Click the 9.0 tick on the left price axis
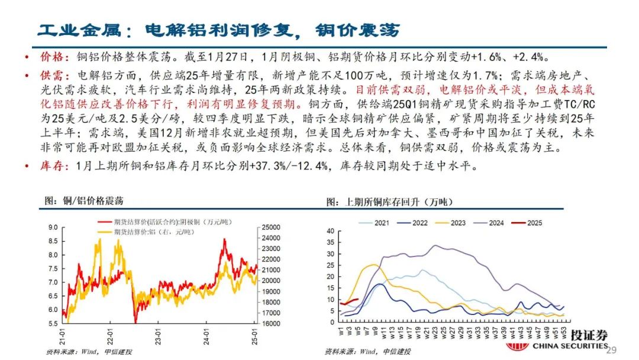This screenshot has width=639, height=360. pos(52,227)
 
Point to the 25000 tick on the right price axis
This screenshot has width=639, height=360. pos(270,227)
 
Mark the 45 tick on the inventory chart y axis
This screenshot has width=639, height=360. pos(330,227)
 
